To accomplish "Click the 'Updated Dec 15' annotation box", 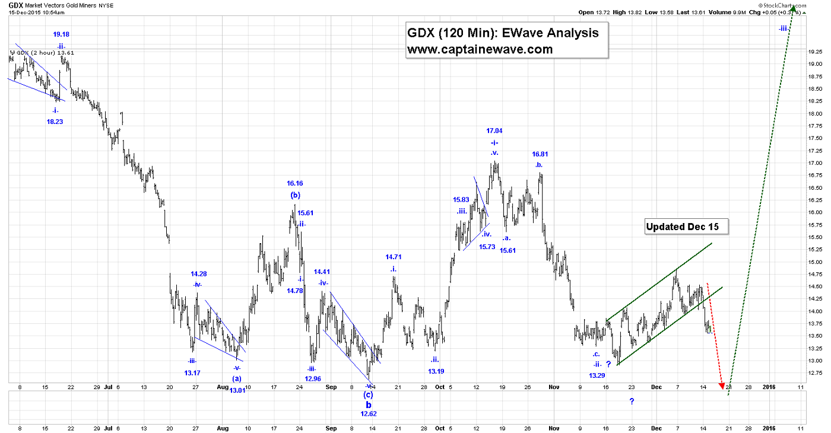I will click(x=686, y=226).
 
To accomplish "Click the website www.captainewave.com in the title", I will click(x=480, y=49).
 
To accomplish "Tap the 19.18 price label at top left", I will click(x=61, y=34).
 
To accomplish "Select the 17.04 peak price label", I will click(x=494, y=130).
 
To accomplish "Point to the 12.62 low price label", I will click(x=369, y=414).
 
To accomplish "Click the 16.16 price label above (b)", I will click(x=295, y=184).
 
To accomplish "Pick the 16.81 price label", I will click(x=540, y=154).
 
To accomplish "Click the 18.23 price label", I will click(x=54, y=121).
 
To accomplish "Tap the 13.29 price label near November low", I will click(x=597, y=375).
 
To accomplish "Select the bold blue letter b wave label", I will click(x=368, y=405).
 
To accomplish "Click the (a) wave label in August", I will click(x=236, y=378).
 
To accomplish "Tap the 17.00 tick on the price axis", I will click(x=814, y=163).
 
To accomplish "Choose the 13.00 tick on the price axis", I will click(x=814, y=361).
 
